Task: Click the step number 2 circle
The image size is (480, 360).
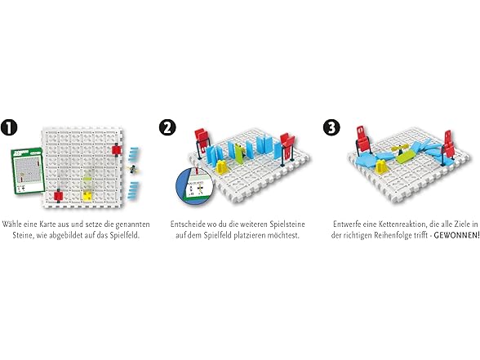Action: (x=167, y=130)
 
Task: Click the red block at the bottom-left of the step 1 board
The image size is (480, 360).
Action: (x=58, y=195)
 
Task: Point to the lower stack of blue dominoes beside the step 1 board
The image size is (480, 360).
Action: (x=135, y=192)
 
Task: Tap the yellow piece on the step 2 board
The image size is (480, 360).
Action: (x=222, y=167)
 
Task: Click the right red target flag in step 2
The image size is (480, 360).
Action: (x=288, y=145)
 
